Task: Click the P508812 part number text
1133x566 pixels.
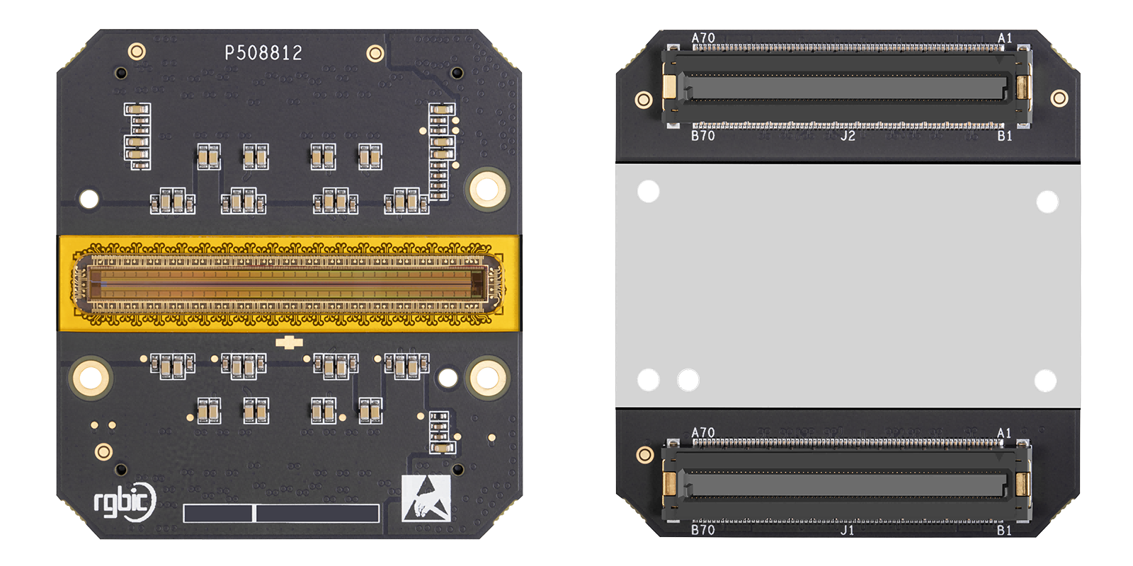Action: pyautogui.click(x=263, y=53)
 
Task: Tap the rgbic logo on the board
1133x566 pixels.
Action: pyautogui.click(x=125, y=502)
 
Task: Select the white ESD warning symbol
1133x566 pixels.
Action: pyautogui.click(x=426, y=498)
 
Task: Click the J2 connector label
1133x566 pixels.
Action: pyautogui.click(x=848, y=136)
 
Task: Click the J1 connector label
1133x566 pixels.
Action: pyautogui.click(x=847, y=530)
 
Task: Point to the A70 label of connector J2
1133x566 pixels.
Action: pyautogui.click(x=703, y=38)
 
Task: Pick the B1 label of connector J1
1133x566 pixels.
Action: pyautogui.click(x=1004, y=531)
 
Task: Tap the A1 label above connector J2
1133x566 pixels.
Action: pyautogui.click(x=1005, y=38)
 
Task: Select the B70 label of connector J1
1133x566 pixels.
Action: pyautogui.click(x=702, y=530)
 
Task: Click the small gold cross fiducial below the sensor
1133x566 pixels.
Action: pyautogui.click(x=289, y=342)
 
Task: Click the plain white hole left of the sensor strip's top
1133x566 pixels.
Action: pyautogui.click(x=89, y=200)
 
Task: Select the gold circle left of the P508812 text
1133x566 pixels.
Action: pyautogui.click(x=137, y=51)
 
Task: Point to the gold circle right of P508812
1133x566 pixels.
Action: pyautogui.click(x=375, y=53)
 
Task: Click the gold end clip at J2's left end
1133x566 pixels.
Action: pyautogui.click(x=669, y=88)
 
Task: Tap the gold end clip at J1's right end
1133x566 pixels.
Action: pyautogui.click(x=1022, y=484)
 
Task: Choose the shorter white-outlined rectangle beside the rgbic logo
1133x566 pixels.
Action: pyautogui.click(x=217, y=513)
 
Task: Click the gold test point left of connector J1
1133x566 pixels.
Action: pyautogui.click(x=644, y=455)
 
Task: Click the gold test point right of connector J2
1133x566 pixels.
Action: pyautogui.click(x=1059, y=98)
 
